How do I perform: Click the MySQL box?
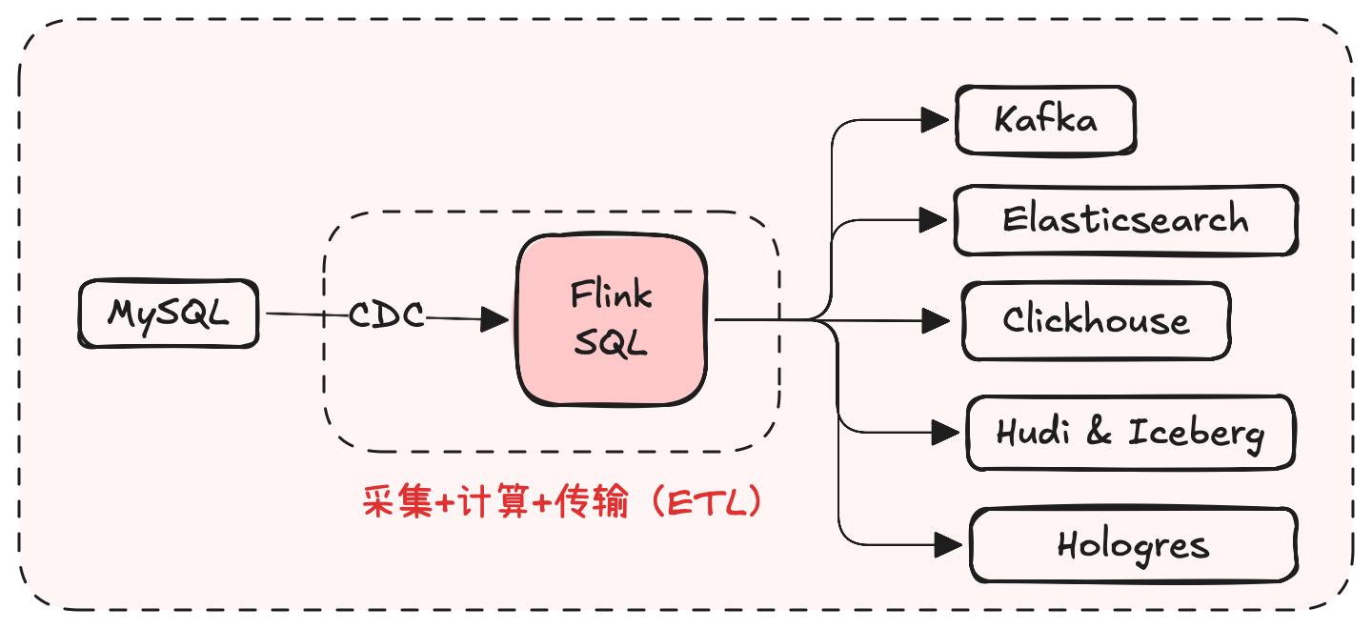coord(168,313)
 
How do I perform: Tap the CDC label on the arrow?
coord(386,315)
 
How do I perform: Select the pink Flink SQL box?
coord(611,319)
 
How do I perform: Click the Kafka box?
coord(1045,120)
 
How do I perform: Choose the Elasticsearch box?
coord(1125,220)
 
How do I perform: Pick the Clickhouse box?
coord(1096,320)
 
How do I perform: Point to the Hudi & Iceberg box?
coord(1130,434)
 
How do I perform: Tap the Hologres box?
coord(1133,546)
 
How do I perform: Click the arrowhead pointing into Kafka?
coord(937,120)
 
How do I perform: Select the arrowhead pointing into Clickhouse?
coord(938,320)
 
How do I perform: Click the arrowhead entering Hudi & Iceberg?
coord(944,434)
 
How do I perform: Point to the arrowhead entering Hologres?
coord(947,545)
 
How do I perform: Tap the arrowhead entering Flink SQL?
coord(494,319)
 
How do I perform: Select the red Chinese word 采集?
coord(397,502)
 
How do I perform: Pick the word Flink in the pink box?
coord(611,295)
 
